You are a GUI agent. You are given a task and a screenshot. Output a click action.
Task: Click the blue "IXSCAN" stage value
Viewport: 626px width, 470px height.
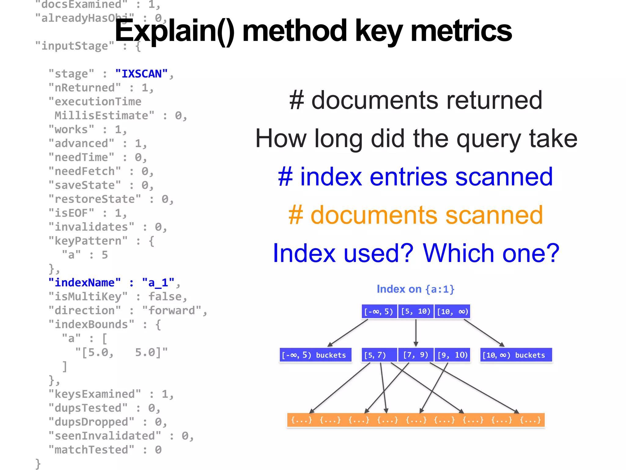(142, 74)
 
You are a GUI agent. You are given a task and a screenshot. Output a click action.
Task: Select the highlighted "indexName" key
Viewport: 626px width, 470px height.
(85, 282)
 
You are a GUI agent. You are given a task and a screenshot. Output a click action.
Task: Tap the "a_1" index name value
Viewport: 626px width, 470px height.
(158, 282)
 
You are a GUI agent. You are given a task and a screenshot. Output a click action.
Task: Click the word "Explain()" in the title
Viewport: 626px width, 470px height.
(174, 31)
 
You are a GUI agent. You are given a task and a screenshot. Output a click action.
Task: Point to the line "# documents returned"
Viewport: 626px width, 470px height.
(416, 100)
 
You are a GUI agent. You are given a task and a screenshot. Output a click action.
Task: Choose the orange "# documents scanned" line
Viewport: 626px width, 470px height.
(416, 215)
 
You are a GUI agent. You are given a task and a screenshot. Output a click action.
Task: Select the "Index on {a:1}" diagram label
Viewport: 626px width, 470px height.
(415, 289)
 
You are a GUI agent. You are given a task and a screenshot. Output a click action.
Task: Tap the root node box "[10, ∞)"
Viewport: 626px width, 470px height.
(452, 311)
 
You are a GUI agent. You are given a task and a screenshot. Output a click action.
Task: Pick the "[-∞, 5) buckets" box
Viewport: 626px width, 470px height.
(315, 355)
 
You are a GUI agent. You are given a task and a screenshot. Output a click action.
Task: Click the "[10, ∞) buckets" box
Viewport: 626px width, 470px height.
(516, 355)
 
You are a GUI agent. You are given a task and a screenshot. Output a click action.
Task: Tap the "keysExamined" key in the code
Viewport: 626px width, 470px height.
(95, 394)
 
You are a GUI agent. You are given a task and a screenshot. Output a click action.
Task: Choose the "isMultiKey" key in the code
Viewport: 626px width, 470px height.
(88, 297)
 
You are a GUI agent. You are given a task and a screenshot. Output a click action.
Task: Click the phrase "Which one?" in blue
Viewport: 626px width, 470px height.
(491, 253)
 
